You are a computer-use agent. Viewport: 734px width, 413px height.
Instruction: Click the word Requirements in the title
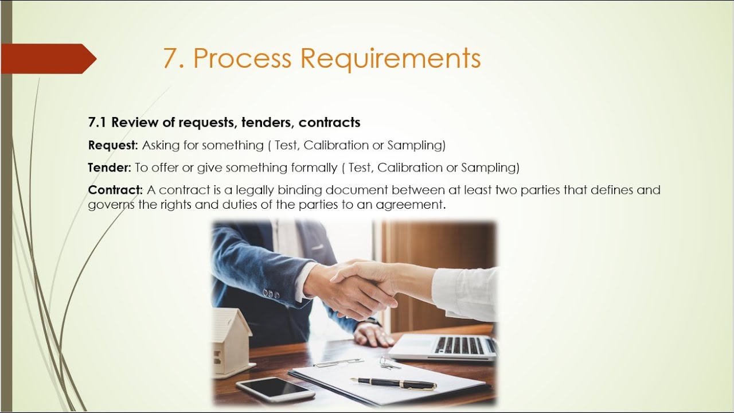391,59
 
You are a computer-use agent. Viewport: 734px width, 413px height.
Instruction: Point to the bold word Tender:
109,167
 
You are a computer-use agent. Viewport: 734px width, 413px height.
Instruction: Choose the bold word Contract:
115,190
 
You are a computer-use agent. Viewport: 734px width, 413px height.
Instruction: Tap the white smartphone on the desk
275,389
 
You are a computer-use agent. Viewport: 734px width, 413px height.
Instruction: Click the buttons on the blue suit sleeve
271,294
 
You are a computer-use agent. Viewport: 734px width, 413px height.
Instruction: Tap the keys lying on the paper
389,363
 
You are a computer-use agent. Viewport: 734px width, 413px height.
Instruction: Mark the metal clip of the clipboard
338,363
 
